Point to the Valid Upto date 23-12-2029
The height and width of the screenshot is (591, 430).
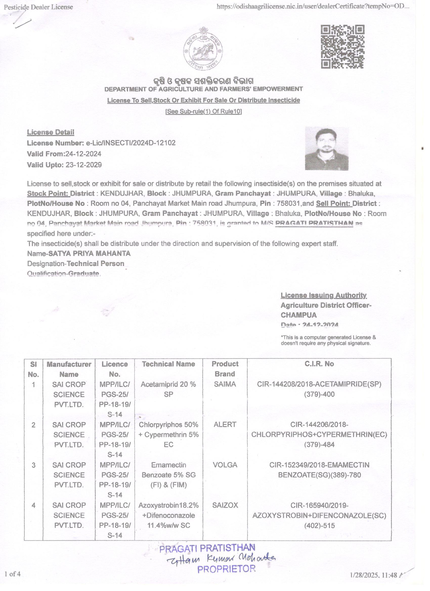(83, 165)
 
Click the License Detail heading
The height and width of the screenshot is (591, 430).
(51, 132)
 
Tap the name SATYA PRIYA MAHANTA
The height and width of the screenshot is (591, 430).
(90, 253)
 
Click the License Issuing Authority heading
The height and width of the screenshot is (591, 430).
(323, 295)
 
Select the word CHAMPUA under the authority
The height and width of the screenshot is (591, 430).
(298, 315)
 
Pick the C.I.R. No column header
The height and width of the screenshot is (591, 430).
(319, 364)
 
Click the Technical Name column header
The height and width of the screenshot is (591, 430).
(168, 364)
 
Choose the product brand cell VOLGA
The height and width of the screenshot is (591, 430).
(225, 465)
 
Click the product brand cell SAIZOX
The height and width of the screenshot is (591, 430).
(225, 505)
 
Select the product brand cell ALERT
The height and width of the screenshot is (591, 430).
(225, 424)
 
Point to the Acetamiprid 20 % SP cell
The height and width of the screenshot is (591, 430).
(168, 389)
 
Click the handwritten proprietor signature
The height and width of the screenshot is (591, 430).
(221, 558)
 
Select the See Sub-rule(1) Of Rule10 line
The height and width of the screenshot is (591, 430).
(204, 111)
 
